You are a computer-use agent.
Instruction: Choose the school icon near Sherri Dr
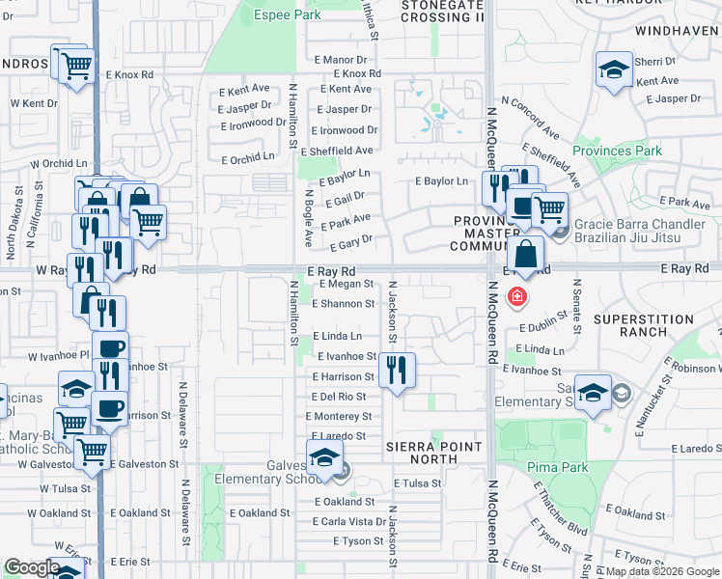(613, 69)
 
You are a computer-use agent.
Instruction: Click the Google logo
(32, 567)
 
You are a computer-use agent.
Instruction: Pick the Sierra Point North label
(433, 454)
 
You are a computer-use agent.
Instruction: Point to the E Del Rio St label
(339, 396)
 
